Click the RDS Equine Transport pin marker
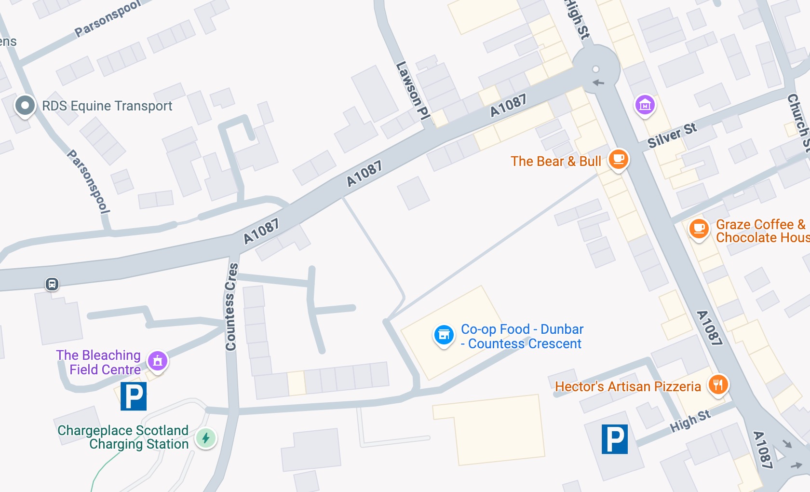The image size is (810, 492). coord(25,105)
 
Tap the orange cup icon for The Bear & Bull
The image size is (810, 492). coord(619,159)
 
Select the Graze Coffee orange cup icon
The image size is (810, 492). coord(699,228)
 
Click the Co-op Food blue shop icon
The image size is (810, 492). coord(444,334)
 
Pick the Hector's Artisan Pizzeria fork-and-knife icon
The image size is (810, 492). coord(718,384)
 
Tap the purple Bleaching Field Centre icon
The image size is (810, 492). coord(158,360)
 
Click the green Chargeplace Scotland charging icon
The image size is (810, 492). coord(206,438)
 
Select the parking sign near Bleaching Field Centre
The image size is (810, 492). coord(134,396)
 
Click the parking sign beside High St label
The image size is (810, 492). coord(615,439)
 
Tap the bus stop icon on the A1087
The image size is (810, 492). coord(52,284)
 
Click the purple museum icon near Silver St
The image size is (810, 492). coord(645,104)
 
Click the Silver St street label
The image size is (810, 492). coord(672,136)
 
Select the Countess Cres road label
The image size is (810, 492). coord(231,307)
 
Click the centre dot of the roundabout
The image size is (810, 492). coord(596,69)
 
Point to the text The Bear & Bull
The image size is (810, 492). coord(556,161)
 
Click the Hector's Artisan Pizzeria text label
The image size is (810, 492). coord(628,386)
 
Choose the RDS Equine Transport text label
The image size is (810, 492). coord(107,106)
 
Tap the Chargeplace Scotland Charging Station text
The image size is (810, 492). coord(123,437)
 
